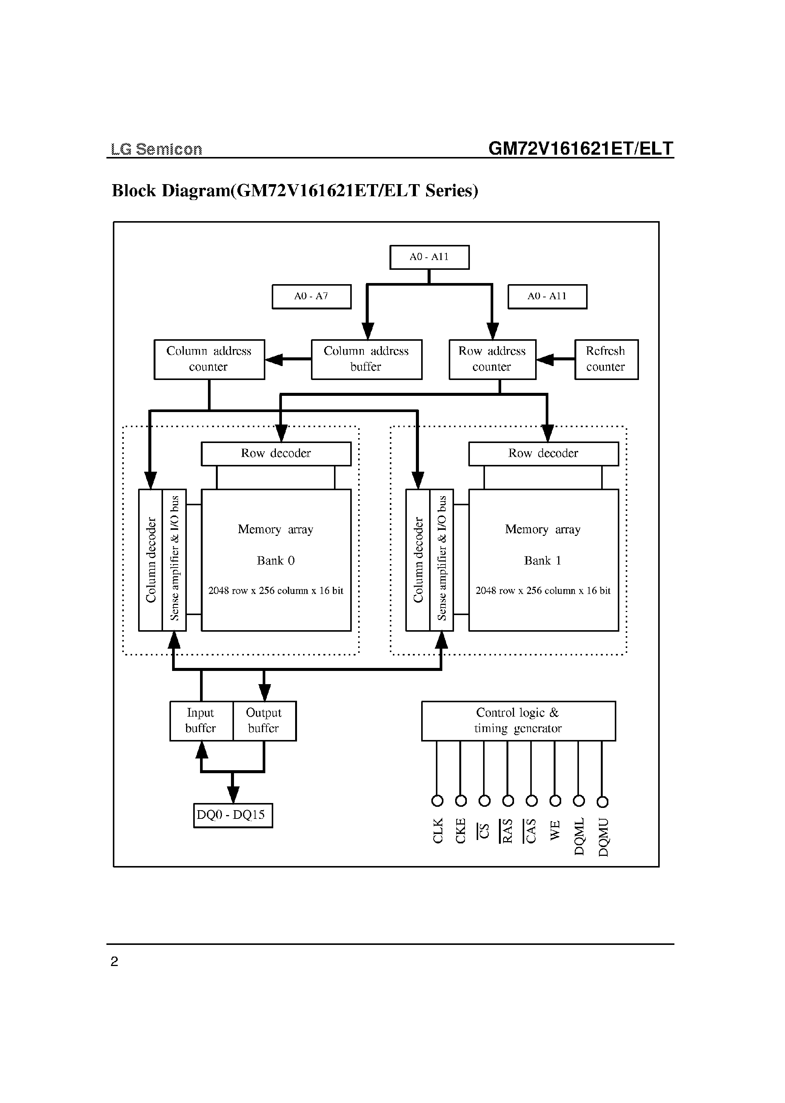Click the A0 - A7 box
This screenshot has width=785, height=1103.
click(x=311, y=296)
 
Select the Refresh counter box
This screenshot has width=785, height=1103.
click(x=606, y=359)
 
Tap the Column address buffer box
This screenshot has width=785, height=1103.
click(x=366, y=359)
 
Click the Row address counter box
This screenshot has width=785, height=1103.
click(x=492, y=359)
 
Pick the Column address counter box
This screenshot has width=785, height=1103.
click(x=209, y=359)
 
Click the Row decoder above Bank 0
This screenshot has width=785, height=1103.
click(x=276, y=453)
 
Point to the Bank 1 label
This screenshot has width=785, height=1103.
click(x=542, y=561)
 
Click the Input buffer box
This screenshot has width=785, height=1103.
click(x=201, y=721)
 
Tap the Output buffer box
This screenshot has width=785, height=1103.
click(x=264, y=721)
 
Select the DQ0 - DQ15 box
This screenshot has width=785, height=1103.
click(x=232, y=815)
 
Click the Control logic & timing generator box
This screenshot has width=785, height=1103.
click(x=518, y=721)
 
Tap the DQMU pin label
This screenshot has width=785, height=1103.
click(x=603, y=837)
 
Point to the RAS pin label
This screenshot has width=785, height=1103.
click(x=507, y=831)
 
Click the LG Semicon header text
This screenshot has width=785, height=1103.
click(x=156, y=149)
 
